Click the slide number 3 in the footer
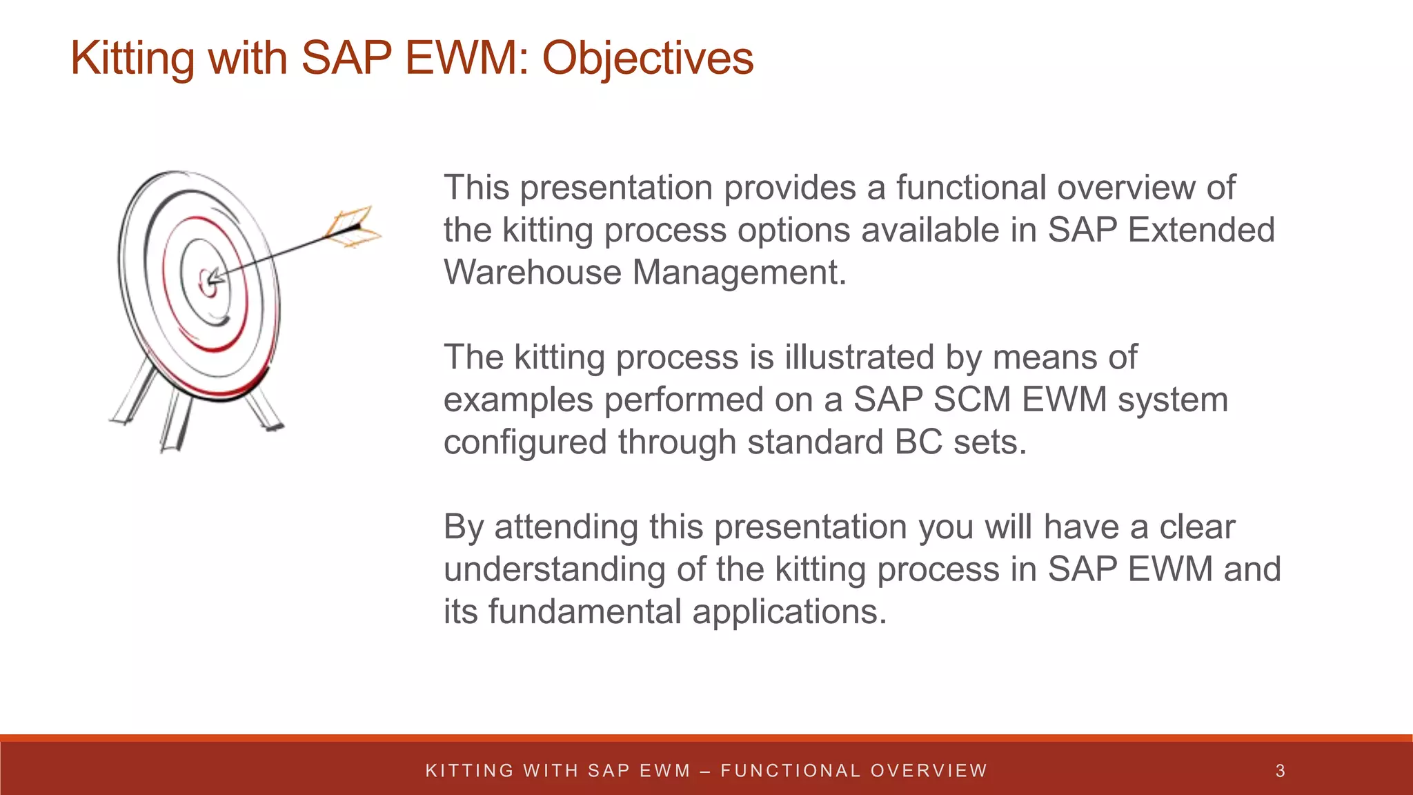(1280, 771)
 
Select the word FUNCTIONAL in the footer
(791, 771)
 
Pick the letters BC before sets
(918, 442)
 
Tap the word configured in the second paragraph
(524, 442)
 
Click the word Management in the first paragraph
(738, 272)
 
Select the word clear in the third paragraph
(1196, 527)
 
